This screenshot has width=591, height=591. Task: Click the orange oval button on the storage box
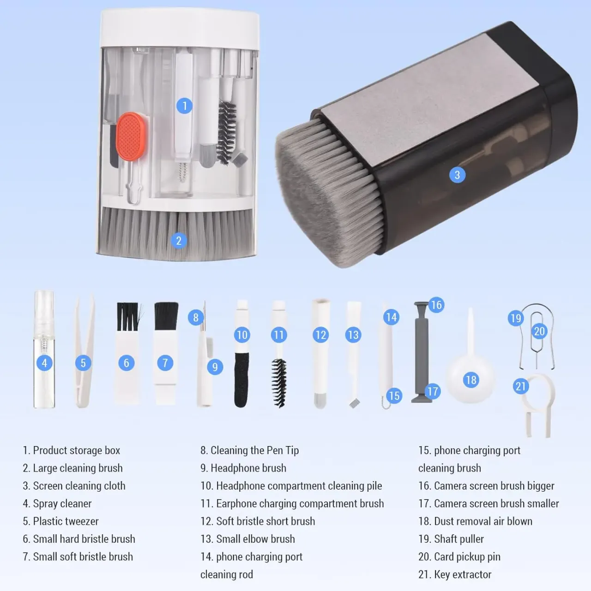(131, 136)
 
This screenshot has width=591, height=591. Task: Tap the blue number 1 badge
(184, 106)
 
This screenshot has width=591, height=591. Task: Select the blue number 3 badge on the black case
(457, 175)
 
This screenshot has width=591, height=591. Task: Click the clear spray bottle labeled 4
(44, 350)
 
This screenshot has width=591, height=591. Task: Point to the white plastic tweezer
(84, 353)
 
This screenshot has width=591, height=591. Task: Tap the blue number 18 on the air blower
(471, 380)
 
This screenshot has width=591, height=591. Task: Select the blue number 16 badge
(436, 305)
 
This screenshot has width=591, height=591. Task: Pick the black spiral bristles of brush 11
(279, 383)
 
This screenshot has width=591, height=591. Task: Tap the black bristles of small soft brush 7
(166, 316)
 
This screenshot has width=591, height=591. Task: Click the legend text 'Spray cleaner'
(62, 504)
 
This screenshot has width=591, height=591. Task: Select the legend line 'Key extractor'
(463, 574)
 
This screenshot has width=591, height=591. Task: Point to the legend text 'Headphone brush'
(248, 468)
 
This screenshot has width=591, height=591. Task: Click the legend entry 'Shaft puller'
(459, 539)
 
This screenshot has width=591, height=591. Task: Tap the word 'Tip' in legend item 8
(292, 450)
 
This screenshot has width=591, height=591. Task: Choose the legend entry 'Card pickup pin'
(467, 557)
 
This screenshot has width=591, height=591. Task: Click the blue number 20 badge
(539, 331)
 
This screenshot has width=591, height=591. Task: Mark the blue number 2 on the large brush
(179, 241)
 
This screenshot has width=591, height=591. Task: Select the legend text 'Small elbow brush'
(255, 539)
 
